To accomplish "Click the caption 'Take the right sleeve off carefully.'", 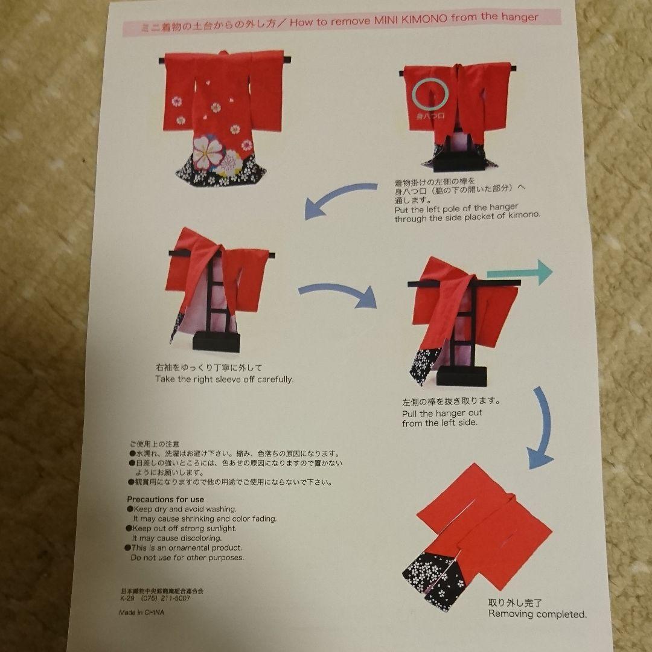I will [x=224, y=379].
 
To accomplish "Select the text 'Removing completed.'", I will [x=537, y=614].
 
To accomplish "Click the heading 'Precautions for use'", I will [x=165, y=499].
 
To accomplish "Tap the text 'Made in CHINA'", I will [x=137, y=612].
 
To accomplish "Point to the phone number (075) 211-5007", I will [x=165, y=598].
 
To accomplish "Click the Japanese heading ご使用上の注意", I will [x=154, y=444].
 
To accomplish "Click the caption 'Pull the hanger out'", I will [x=442, y=414].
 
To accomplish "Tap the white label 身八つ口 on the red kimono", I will [x=429, y=113].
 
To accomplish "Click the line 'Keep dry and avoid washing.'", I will [x=184, y=509].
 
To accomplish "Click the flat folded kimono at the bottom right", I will [x=477, y=531].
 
